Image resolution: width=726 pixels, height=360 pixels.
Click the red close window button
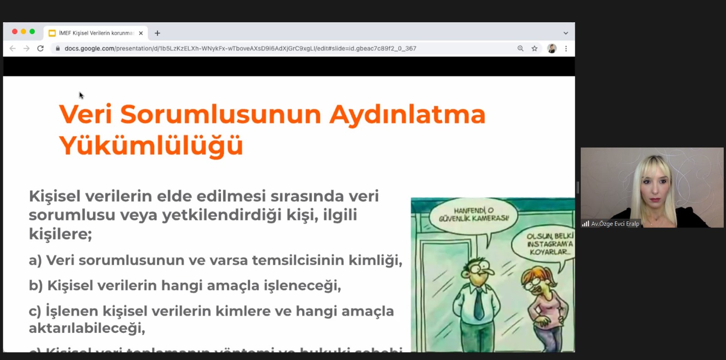point(15,32)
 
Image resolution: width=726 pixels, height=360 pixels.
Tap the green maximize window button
point(32,32)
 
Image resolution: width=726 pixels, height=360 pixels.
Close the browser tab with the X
point(141,33)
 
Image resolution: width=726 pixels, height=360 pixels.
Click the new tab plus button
point(157,33)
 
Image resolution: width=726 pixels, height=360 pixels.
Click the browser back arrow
point(13,49)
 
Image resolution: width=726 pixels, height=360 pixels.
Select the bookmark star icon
point(535,49)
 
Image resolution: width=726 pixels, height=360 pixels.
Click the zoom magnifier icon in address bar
point(520,49)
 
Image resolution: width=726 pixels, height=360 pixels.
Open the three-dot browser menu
point(566,49)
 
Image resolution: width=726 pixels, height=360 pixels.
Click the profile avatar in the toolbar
point(552,49)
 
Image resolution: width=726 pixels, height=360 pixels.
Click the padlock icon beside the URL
point(58,49)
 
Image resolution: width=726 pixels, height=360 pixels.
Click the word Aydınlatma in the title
point(407,114)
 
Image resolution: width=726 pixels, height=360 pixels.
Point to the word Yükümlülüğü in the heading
point(151,146)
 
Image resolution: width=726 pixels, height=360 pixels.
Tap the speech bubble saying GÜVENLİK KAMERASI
point(474,215)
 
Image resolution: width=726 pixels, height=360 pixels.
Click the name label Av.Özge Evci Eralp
point(615,224)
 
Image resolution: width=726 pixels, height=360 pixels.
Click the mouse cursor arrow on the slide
point(81,95)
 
